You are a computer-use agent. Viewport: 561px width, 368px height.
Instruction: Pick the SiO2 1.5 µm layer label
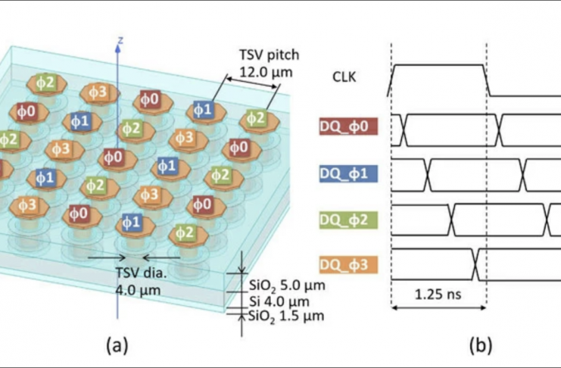286,316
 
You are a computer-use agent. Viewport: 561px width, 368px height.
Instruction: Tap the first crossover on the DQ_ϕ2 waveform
451,218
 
